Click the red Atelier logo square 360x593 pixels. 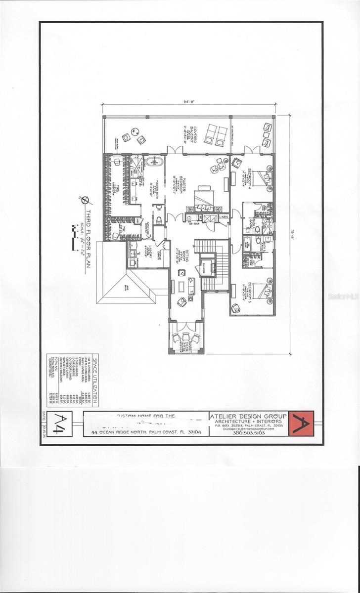point(301,424)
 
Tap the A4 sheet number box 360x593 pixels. point(60,424)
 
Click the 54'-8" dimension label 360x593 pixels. point(189,102)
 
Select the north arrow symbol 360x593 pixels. point(85,200)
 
